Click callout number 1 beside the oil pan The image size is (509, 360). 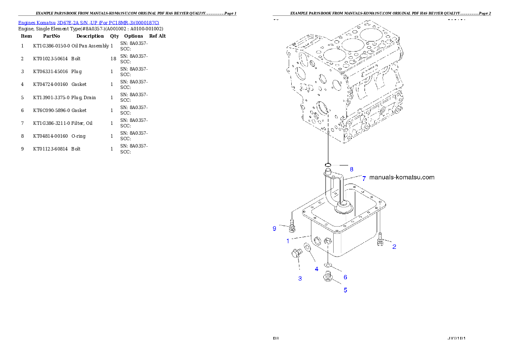[288, 241]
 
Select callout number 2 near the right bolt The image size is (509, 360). [394, 247]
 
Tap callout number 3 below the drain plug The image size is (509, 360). [300, 278]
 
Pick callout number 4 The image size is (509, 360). [317, 269]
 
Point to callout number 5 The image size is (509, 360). [345, 290]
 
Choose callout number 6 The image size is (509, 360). [345, 277]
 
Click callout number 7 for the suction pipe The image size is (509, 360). [364, 178]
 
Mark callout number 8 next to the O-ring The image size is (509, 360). [351, 169]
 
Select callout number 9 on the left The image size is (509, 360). [275, 229]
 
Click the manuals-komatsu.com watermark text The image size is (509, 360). [401, 177]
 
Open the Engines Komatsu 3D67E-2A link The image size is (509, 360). [89, 23]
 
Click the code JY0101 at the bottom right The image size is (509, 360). [456, 338]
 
